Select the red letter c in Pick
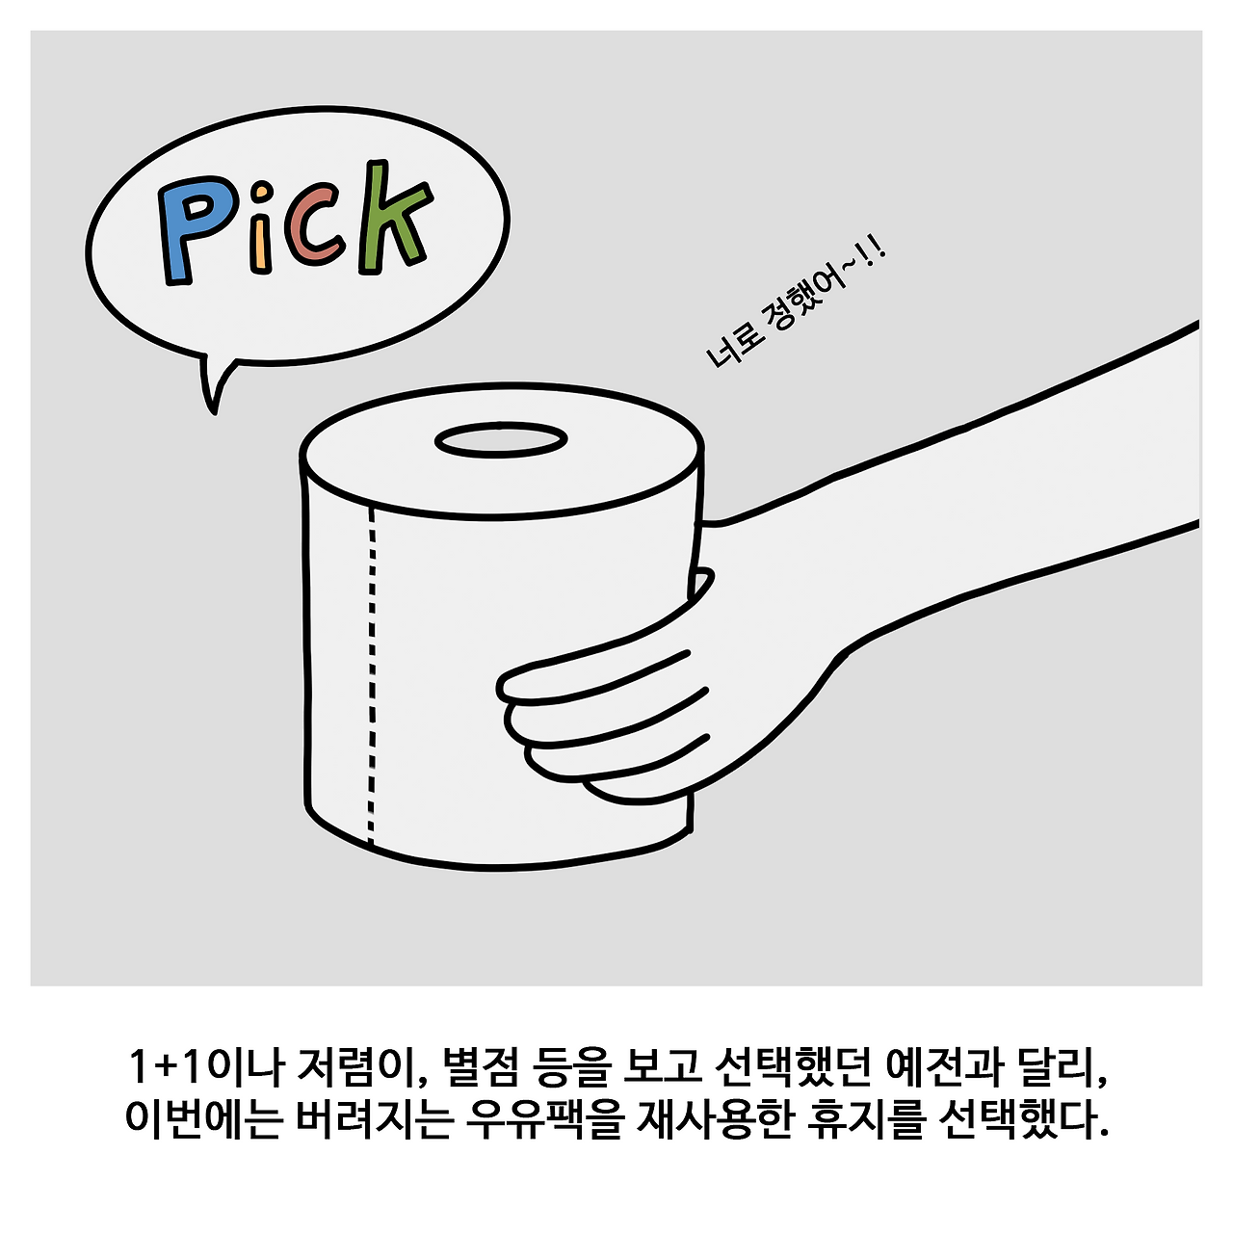(x=314, y=225)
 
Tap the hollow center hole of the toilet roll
(x=501, y=440)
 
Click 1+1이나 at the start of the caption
(x=205, y=1068)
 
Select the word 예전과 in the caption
(x=944, y=1068)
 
